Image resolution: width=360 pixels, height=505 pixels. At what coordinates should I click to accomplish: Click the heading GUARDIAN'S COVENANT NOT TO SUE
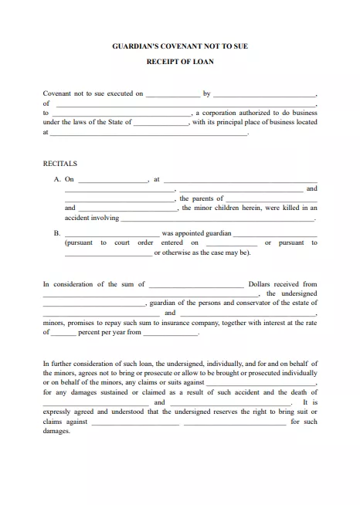[180, 46]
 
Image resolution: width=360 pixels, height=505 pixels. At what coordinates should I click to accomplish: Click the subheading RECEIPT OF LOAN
[180, 63]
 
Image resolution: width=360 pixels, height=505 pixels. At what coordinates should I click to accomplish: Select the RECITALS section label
[59, 163]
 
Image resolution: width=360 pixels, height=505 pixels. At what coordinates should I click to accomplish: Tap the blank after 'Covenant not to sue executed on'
[172, 94]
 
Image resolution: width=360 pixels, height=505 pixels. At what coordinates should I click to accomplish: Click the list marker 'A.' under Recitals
[57, 179]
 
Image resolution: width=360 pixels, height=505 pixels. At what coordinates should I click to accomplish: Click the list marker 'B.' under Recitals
[57, 232]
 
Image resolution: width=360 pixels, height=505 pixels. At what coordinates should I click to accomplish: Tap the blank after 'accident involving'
[218, 219]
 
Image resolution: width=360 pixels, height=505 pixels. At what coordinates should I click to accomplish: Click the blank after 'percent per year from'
[171, 334]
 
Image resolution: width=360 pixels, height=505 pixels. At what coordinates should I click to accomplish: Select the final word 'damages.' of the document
[56, 431]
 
